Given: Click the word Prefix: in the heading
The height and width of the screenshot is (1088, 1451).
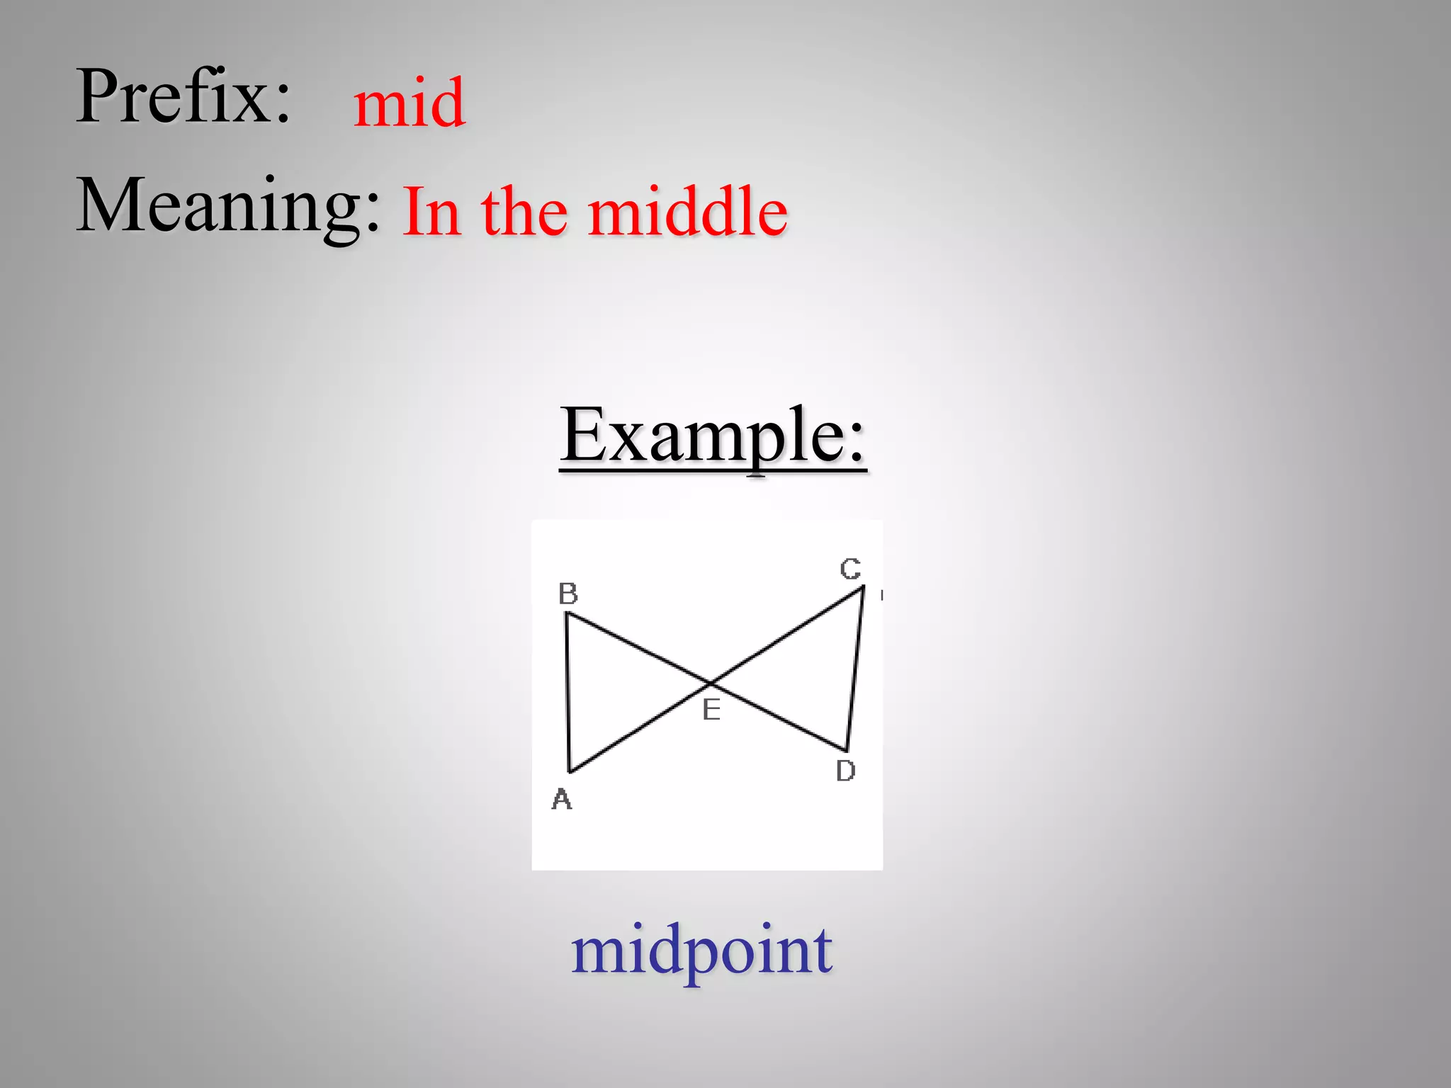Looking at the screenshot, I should point(184,96).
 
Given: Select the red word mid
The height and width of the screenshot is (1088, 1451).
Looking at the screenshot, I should point(410,103).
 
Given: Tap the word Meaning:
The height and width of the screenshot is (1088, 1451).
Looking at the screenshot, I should point(228,205).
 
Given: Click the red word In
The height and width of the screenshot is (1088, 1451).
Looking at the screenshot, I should point(431,212).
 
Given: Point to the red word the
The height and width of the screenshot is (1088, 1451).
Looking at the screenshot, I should point(524,212).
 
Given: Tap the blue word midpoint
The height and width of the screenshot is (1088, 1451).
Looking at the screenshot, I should point(701,951).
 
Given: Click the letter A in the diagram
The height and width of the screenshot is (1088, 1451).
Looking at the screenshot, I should point(562,800).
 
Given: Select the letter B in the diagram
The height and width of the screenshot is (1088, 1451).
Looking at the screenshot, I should point(568,594).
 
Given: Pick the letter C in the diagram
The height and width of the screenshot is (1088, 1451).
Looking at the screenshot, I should point(850,569).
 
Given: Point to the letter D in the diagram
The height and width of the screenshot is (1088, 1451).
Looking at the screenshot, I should point(845,771).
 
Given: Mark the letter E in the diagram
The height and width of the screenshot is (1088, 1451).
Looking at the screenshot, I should point(711,710).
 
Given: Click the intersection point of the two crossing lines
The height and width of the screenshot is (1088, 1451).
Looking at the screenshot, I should point(711,684).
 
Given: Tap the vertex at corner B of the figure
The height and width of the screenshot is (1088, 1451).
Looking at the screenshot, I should point(567,613).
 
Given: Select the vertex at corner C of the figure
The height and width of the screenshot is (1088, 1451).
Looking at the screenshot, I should point(863,586).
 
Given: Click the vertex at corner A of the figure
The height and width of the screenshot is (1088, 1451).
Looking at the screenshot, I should point(570,771).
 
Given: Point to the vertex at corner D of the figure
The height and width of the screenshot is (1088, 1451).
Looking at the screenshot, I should point(847,751).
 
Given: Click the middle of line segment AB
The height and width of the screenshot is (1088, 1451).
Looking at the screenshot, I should point(568,693).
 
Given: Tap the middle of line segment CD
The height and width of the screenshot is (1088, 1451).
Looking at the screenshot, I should point(855,669).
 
